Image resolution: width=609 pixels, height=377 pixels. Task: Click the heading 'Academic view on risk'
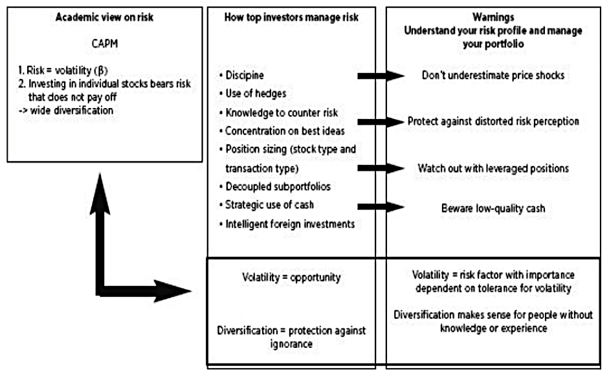[104, 17]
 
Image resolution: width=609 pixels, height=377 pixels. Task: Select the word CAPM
[104, 43]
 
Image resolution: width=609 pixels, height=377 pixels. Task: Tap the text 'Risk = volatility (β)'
[67, 70]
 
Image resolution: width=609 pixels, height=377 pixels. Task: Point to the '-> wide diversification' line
[66, 111]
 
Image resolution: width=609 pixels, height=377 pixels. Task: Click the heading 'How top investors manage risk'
[291, 17]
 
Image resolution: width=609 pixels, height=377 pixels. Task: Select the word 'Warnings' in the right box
[493, 17]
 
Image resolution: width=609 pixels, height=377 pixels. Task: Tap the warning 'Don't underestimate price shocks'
[493, 75]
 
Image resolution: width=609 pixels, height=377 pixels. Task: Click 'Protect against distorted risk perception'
[493, 121]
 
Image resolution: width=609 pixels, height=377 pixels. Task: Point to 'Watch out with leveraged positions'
[493, 168]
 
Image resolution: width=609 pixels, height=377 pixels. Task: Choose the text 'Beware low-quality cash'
[493, 208]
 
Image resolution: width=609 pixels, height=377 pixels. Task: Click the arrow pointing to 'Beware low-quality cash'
[381, 207]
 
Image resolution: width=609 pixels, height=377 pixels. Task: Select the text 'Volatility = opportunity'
[291, 277]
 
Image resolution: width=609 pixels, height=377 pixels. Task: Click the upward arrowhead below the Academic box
[100, 193]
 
